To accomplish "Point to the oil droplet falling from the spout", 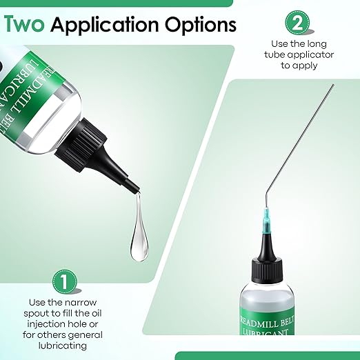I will click(x=139, y=229).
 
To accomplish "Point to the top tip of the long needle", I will click(x=332, y=86).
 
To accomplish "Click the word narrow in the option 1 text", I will click(x=85, y=302).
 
